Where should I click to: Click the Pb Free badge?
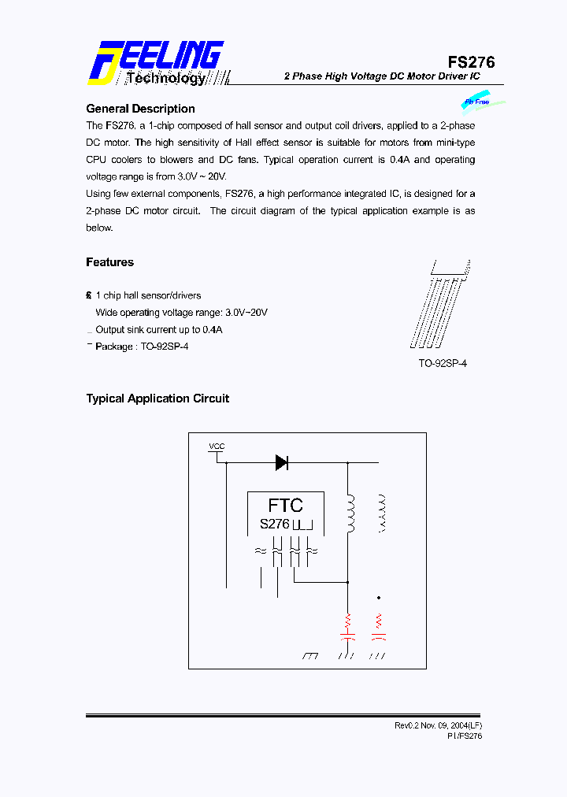(x=477, y=102)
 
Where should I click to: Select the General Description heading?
(x=140, y=109)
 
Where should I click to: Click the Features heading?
(x=109, y=262)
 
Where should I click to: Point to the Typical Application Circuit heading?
(x=157, y=398)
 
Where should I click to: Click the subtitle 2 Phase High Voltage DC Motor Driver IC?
(x=382, y=76)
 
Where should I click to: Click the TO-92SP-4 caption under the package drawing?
(x=443, y=364)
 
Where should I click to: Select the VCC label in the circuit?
(x=217, y=447)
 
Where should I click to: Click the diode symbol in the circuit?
(x=281, y=463)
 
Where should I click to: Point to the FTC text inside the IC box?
(x=285, y=505)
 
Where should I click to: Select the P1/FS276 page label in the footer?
(x=465, y=736)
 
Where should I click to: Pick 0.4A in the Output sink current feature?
(x=212, y=330)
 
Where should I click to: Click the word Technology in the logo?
(x=166, y=78)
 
